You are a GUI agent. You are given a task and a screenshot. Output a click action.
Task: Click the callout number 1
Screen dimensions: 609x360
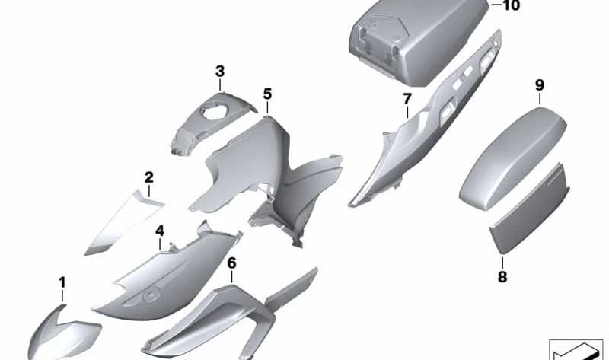coord(62,283)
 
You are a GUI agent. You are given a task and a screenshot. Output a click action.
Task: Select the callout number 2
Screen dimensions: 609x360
coord(148,178)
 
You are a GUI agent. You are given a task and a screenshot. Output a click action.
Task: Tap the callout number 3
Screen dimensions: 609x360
coord(220,72)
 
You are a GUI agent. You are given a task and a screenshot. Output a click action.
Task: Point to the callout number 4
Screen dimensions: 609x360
coord(160,231)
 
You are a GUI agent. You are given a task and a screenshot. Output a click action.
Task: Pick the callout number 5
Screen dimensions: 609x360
coord(267,94)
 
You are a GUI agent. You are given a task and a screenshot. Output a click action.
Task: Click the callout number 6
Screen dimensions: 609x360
coord(231,263)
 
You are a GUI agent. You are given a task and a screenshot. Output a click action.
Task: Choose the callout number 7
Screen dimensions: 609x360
coord(407,100)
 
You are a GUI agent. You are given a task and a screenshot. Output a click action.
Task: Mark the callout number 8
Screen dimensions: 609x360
coord(502,277)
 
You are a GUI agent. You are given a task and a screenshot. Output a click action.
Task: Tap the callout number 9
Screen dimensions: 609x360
coord(540,85)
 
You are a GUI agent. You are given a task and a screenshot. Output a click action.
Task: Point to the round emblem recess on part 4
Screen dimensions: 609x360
coord(151,296)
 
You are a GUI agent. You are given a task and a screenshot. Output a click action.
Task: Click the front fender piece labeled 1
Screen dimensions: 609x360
coord(63,334)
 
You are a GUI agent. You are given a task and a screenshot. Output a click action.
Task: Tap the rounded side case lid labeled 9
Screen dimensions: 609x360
coord(512,158)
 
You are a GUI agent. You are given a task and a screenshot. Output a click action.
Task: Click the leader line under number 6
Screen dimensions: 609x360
coord(231,277)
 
